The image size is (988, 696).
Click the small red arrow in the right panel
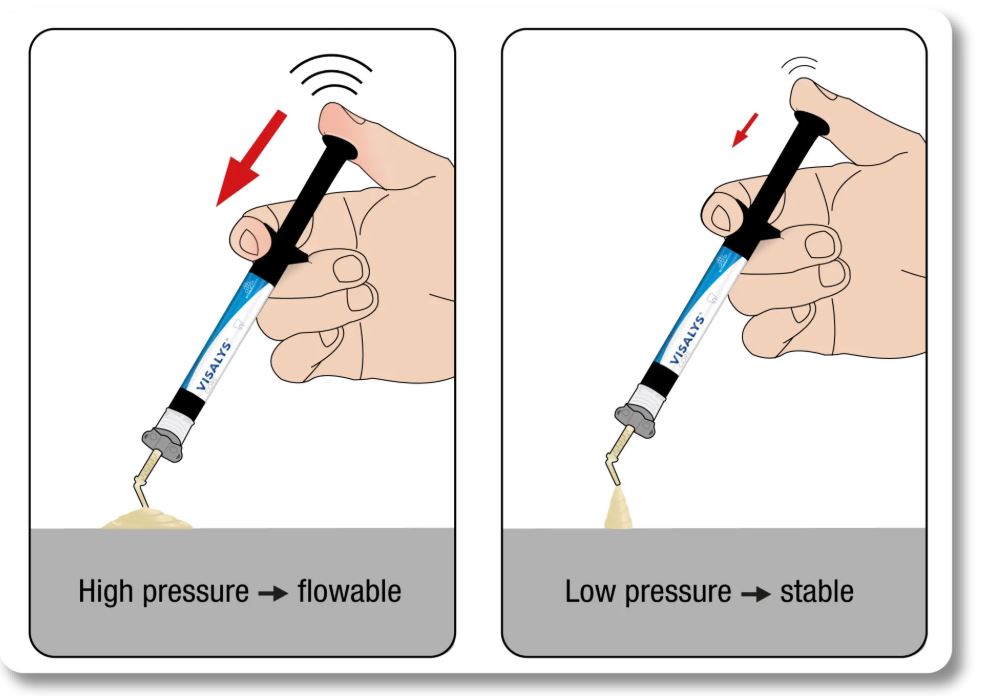coord(745,130)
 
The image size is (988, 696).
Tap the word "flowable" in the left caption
coord(349,591)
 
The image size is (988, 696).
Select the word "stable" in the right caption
coord(817,591)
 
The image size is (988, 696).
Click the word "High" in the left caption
coord(105,591)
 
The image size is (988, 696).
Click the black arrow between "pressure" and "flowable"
coord(273,593)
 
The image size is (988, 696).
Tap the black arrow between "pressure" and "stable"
coord(755,593)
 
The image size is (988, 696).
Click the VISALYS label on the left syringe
coord(214,367)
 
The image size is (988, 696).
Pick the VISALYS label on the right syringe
coord(687,339)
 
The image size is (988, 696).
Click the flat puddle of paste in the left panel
coord(147,518)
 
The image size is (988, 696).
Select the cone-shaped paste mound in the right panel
coord(618,508)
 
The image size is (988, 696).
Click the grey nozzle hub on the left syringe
coord(163,442)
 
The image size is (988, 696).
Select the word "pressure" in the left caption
coord(196,593)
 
